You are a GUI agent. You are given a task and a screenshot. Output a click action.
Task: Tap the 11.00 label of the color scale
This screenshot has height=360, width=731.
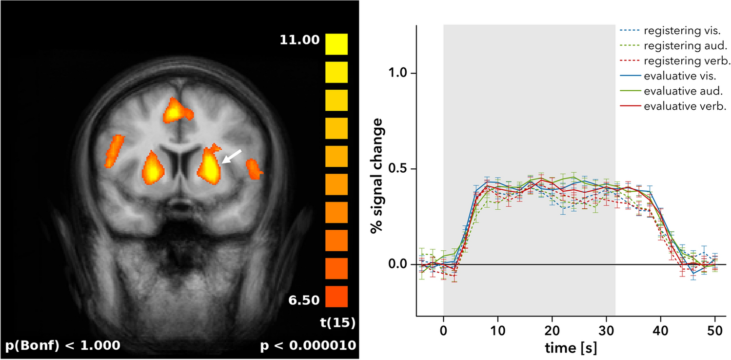[x=299, y=40]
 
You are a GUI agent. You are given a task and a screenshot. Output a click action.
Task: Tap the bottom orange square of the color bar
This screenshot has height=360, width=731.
[x=336, y=297]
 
